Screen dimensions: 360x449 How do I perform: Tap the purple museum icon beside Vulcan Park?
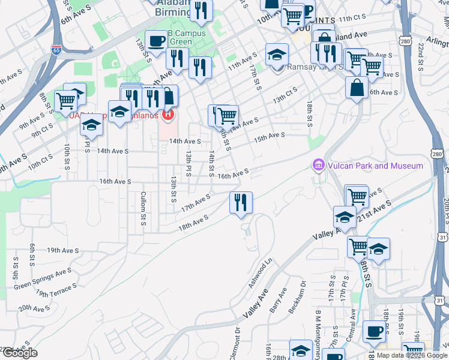point(318,164)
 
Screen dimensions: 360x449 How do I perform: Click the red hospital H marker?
point(169,113)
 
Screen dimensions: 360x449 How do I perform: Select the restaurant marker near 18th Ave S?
point(241,202)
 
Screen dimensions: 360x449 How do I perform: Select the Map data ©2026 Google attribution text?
point(412,355)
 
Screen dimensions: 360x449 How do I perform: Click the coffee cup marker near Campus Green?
point(156,41)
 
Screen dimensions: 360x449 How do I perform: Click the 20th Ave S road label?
point(34,308)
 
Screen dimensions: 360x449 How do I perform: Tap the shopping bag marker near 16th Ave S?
point(357,87)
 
